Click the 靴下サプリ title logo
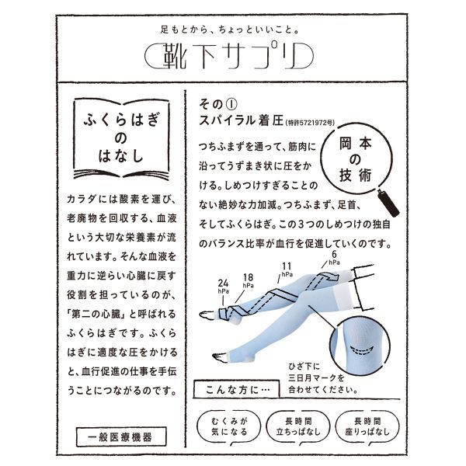229,56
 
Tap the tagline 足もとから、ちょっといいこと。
229,30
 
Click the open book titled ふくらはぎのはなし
121,138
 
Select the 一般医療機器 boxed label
121,436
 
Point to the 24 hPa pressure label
223,287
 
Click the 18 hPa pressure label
249,281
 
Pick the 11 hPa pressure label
287,270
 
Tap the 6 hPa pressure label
334,259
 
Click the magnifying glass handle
388,203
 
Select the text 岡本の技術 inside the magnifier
356,159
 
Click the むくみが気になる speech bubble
229,427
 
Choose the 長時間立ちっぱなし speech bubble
298,427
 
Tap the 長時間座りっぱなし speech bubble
367,427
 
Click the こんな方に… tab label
237,390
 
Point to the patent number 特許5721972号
310,123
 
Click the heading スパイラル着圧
241,120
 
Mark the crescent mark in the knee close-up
362,350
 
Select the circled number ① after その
231,104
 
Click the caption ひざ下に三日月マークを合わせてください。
322,377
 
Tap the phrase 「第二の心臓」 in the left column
96,314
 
